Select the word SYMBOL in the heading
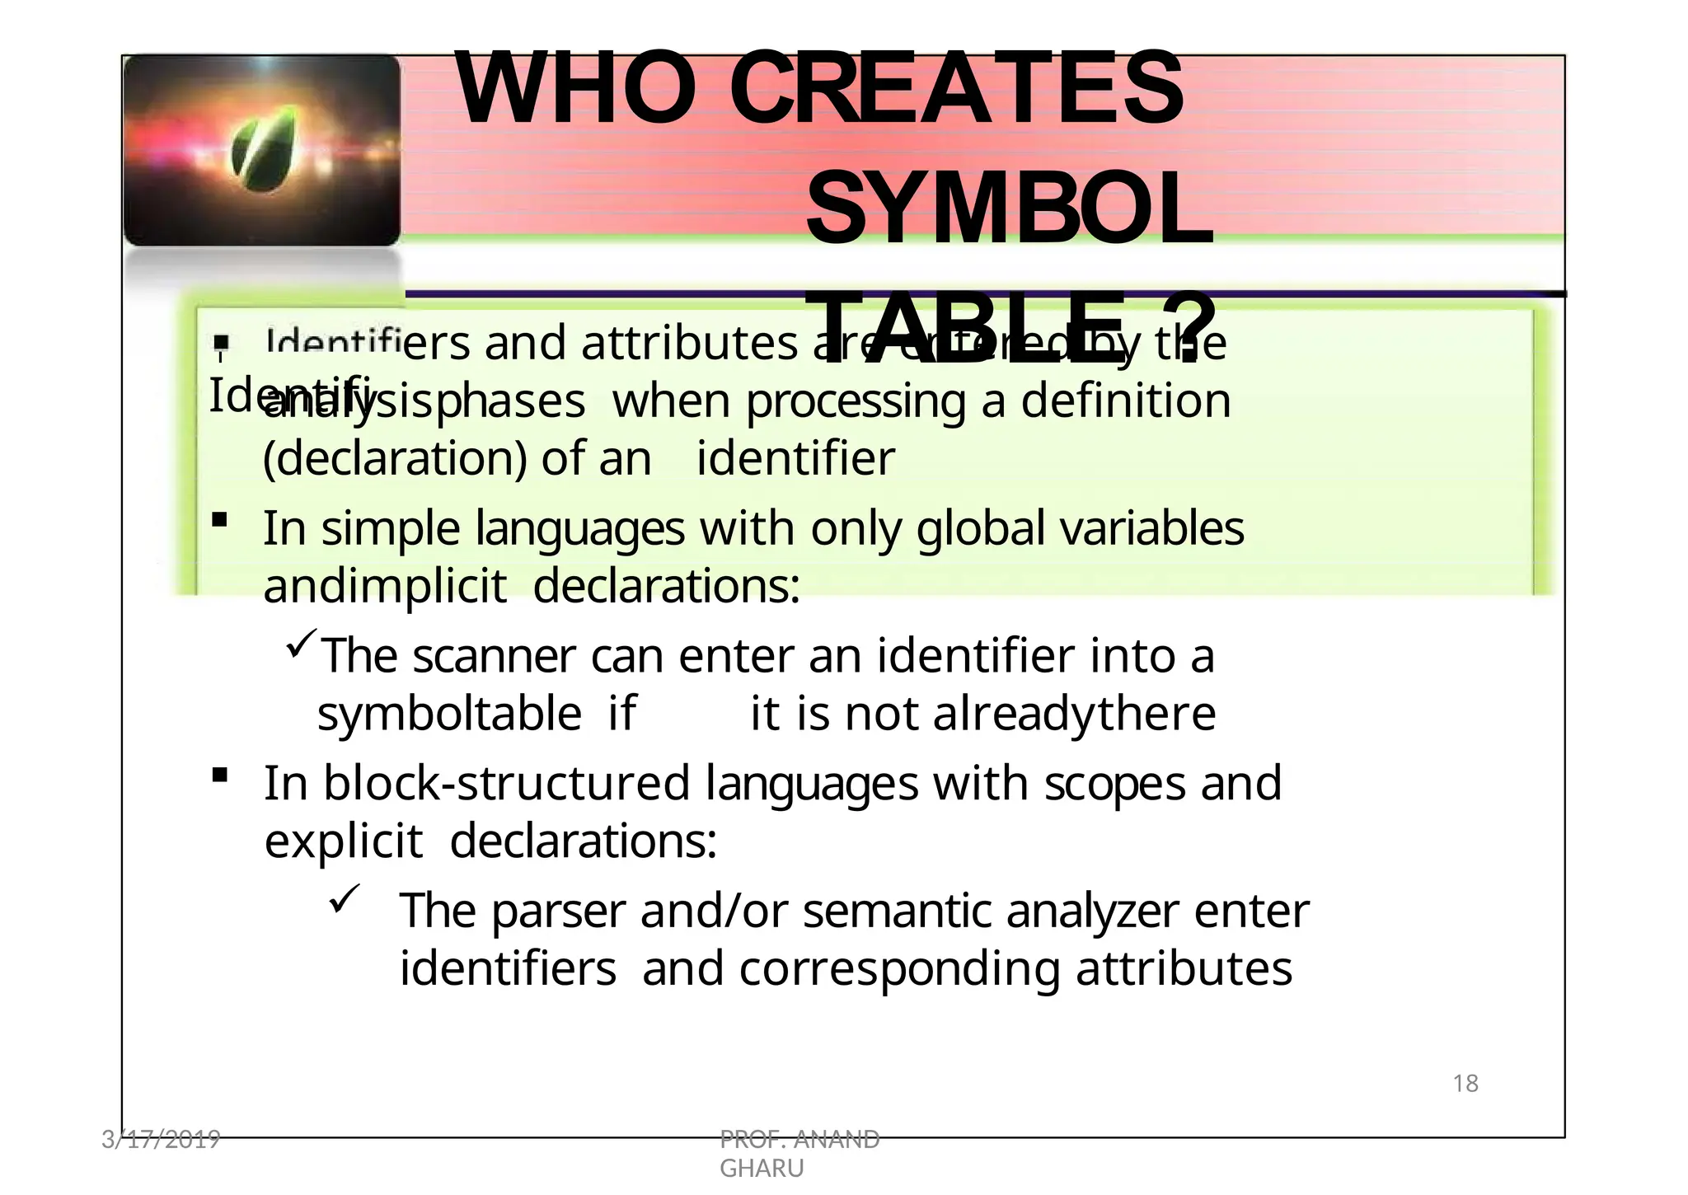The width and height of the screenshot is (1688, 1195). click(1009, 209)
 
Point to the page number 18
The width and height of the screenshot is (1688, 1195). click(1465, 1084)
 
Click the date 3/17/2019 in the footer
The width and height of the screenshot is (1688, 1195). click(161, 1140)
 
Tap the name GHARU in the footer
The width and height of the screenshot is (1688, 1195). click(762, 1169)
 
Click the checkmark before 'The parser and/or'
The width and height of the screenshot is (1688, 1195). click(341, 897)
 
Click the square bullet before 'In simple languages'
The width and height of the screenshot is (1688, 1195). click(219, 520)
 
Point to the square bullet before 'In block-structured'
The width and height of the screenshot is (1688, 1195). click(219, 775)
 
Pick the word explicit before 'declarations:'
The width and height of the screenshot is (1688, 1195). click(343, 841)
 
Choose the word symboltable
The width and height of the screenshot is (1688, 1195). click(449, 714)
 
